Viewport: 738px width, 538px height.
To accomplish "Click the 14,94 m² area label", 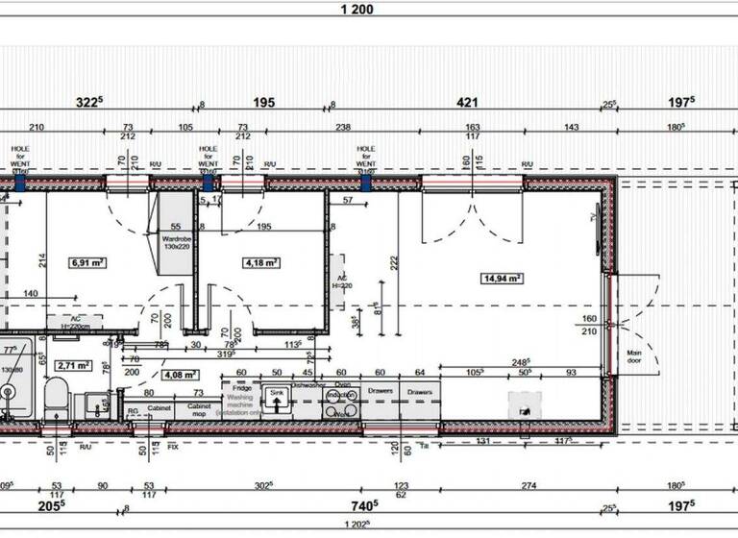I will coord(502,279).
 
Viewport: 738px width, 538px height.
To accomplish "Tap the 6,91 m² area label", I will coord(86,261).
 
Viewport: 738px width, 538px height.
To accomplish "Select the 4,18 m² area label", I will coord(261,261).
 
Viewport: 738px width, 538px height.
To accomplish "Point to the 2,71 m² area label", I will coord(73,365).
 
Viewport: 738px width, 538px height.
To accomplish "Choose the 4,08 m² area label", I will coord(180,375).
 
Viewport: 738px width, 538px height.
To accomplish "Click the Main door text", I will coord(634,357).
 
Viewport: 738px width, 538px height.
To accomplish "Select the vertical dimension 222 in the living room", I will coord(394,261).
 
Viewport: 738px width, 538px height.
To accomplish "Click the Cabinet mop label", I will coord(199,410).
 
